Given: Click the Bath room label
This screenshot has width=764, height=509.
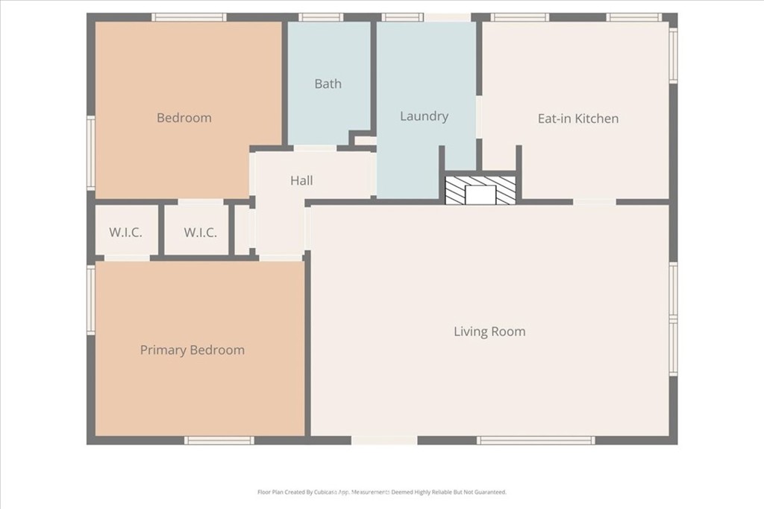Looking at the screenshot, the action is [x=328, y=83].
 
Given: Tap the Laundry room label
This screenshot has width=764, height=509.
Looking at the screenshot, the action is [x=424, y=116].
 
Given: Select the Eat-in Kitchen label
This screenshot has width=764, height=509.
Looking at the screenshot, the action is [x=578, y=118].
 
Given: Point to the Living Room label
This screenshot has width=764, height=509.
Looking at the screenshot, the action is [x=489, y=332].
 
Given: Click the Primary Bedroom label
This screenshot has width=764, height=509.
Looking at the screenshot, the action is [x=192, y=350].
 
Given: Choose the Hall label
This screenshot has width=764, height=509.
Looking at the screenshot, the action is [x=301, y=180].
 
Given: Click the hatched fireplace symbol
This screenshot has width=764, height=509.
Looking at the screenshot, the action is [x=480, y=190].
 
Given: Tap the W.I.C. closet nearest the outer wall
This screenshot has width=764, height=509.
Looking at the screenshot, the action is [x=125, y=232].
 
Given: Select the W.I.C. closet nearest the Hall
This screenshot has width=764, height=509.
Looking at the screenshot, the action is [x=200, y=232].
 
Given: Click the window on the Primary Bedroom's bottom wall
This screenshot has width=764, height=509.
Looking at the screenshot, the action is [x=219, y=440].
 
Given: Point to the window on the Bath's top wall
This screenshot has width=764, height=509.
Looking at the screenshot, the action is [x=321, y=18].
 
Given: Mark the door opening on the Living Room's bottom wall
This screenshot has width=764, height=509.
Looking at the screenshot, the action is [x=384, y=440].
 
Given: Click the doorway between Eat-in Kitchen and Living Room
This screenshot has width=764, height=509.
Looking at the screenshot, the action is [x=595, y=201].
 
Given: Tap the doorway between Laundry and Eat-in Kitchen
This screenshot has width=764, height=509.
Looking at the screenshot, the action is [x=479, y=117].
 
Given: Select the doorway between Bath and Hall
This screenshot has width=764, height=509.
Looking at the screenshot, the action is [x=316, y=148].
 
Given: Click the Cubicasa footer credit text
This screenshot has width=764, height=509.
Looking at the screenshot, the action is [x=382, y=492].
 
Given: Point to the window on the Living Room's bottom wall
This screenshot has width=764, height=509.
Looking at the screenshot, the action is [x=536, y=440].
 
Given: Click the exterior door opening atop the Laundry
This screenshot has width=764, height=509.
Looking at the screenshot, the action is [x=448, y=18].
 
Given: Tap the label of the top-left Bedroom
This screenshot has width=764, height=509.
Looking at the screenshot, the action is [x=184, y=118].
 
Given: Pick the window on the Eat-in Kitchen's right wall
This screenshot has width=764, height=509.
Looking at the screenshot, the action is [x=674, y=54].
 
